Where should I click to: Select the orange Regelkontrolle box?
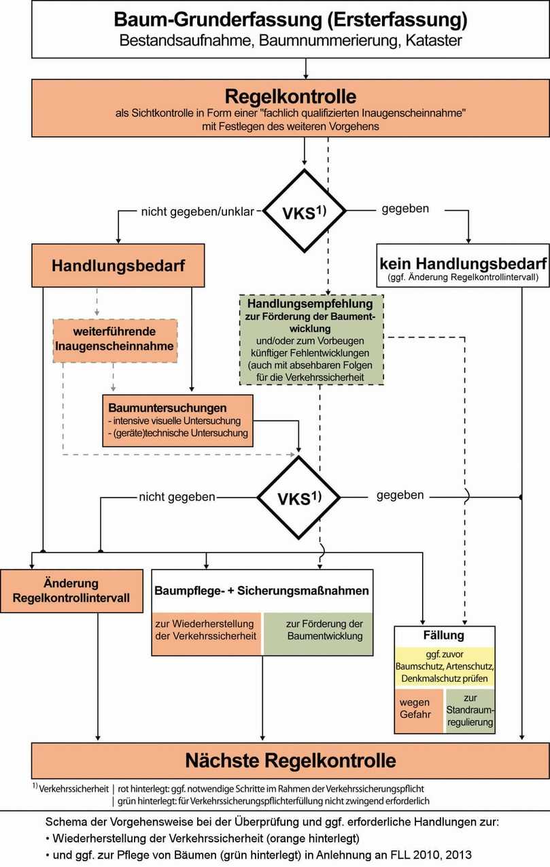pyautogui.click(x=290, y=107)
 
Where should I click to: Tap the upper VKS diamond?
pyautogui.click(x=305, y=212)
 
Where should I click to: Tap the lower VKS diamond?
pyautogui.click(x=298, y=497)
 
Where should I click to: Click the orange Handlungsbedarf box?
pyautogui.click(x=118, y=265)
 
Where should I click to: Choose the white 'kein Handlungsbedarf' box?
pyautogui.click(x=463, y=266)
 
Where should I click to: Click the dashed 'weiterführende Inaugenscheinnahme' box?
pyautogui.click(x=115, y=340)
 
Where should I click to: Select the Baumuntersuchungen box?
pyautogui.click(x=177, y=421)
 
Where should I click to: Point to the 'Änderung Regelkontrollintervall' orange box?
pyautogui.click(x=71, y=591)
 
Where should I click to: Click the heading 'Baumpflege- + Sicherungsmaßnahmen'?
pyautogui.click(x=262, y=591)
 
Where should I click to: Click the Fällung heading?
pyautogui.click(x=445, y=636)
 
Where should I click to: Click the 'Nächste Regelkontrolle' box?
pyautogui.click(x=290, y=760)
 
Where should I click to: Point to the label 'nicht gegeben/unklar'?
pyautogui.click(x=197, y=211)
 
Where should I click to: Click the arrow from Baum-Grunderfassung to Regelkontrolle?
pyautogui.click(x=306, y=69)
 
